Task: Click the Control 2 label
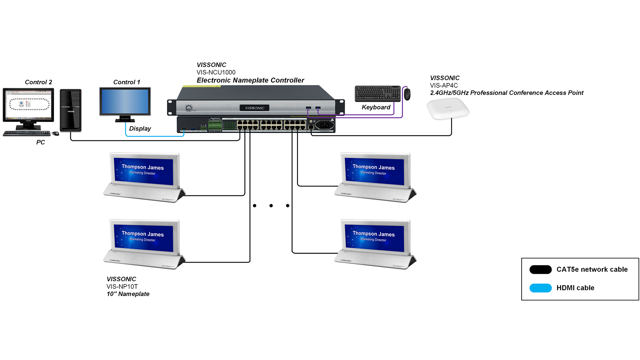click(x=38, y=82)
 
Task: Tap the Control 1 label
click(x=127, y=82)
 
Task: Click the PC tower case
click(x=71, y=110)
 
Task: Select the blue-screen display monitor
click(x=125, y=102)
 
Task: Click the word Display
click(x=140, y=129)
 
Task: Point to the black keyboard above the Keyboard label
click(x=378, y=93)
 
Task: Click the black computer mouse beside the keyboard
click(x=407, y=94)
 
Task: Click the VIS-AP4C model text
click(x=444, y=86)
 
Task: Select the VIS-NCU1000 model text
click(x=216, y=72)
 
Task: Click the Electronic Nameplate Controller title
click(x=250, y=80)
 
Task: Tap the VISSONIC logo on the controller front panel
click(x=255, y=108)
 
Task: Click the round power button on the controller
click(x=189, y=108)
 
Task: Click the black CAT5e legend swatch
click(x=540, y=270)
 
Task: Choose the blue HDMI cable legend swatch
click(x=540, y=288)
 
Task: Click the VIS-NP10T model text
click(x=122, y=287)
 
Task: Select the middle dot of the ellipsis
click(x=271, y=206)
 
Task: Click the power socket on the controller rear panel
click(x=324, y=125)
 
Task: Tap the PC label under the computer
click(x=40, y=142)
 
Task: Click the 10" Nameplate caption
click(x=128, y=294)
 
